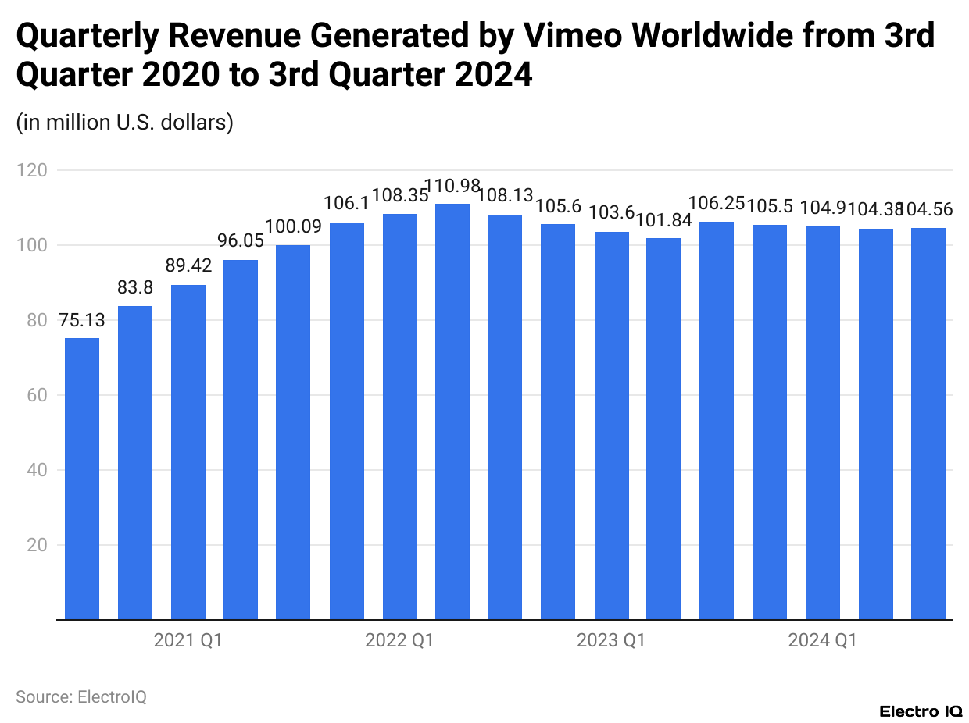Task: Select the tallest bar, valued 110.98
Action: tap(452, 411)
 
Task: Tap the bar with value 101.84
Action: tap(663, 429)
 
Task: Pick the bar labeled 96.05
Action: tap(241, 440)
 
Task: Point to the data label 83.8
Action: tap(135, 288)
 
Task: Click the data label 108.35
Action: tap(399, 195)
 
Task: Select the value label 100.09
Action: tap(294, 227)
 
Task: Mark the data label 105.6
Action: tap(558, 206)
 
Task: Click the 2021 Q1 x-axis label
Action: tap(188, 641)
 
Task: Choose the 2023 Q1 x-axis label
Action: tap(610, 641)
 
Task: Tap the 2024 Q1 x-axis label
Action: tap(822, 641)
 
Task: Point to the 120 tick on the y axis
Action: tap(35, 170)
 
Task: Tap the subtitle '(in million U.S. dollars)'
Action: tap(125, 123)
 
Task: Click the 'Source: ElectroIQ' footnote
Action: tap(81, 696)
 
